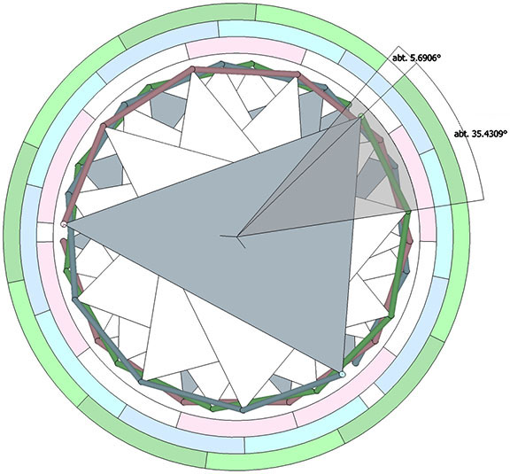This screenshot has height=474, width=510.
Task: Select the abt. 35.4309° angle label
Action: (481, 134)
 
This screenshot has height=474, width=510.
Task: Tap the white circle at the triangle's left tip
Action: (64, 224)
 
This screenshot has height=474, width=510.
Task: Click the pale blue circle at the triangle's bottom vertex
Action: (342, 375)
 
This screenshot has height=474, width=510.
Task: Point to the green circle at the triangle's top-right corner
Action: (360, 115)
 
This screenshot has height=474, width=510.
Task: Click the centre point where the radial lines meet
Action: (237, 236)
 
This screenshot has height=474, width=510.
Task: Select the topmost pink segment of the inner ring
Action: (246, 50)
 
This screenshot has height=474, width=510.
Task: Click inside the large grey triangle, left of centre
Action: (163, 225)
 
